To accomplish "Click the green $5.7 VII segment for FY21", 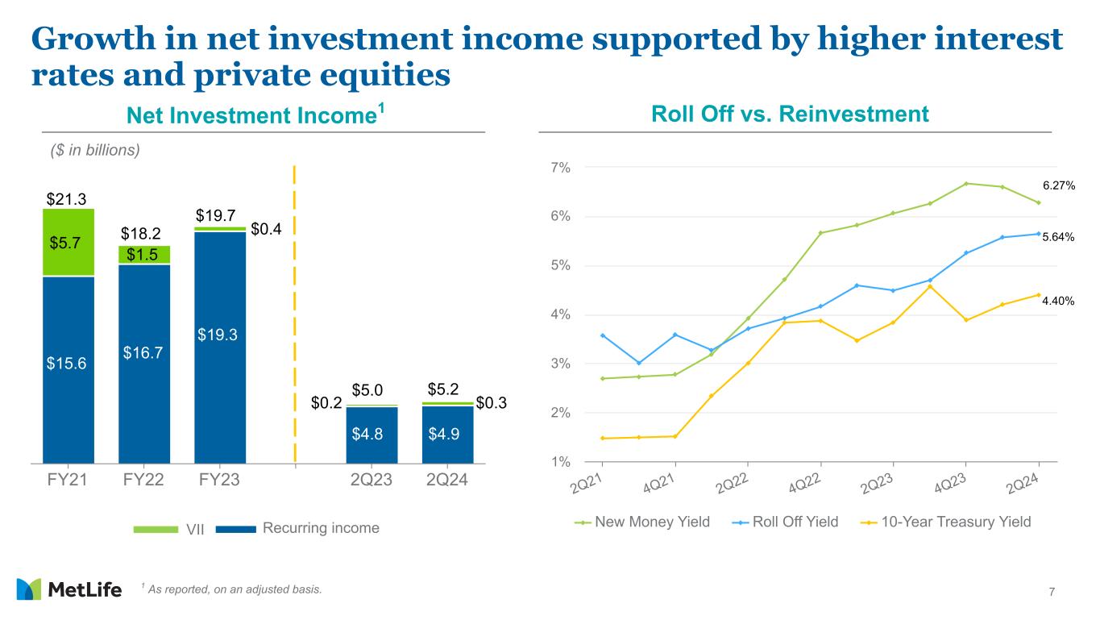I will point(68,242).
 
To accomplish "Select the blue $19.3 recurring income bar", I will point(220,347).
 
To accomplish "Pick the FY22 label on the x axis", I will point(144,481).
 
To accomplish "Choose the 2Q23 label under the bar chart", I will point(372,481).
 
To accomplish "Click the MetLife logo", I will point(68,589).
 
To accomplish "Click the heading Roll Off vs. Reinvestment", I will point(789,114).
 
